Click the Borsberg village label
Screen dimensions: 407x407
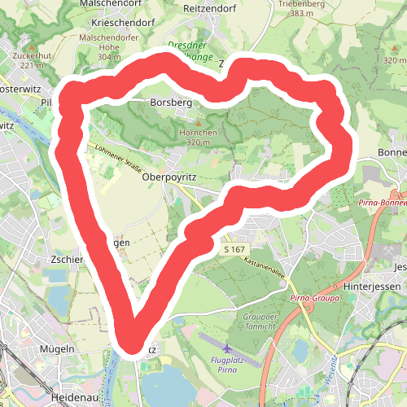pos(171,103)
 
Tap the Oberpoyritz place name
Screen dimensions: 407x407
pos(169,176)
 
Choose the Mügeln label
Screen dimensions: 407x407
pos(57,348)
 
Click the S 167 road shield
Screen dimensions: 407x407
pos(233,249)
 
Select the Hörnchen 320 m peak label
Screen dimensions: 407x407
pos(199,138)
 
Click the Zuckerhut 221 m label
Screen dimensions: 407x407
pos(32,60)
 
